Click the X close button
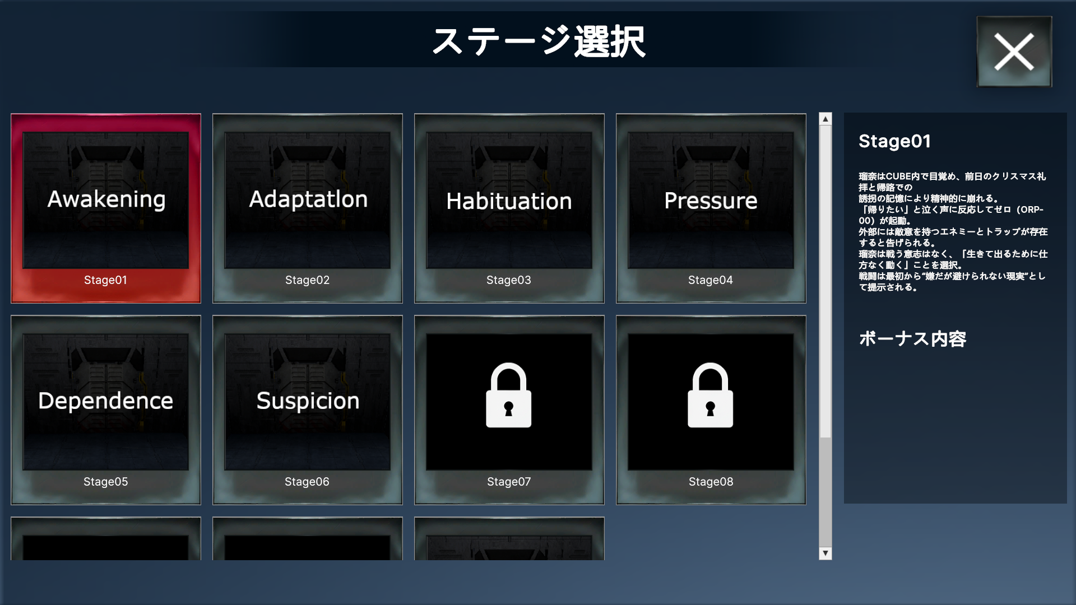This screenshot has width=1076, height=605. pyautogui.click(x=1014, y=52)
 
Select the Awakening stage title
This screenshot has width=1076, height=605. pyautogui.click(x=106, y=200)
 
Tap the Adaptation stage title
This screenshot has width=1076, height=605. pyautogui.click(x=308, y=199)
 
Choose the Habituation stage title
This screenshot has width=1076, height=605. pyautogui.click(x=509, y=201)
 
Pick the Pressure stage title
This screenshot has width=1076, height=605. pyautogui.click(x=711, y=201)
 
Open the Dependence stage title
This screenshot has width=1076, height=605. pyautogui.click(x=106, y=401)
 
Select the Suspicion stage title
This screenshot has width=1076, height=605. pyautogui.click(x=308, y=401)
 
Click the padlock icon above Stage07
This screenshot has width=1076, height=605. pyautogui.click(x=509, y=395)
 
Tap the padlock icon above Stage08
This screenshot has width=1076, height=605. pyautogui.click(x=711, y=395)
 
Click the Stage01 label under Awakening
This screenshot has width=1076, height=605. pyautogui.click(x=105, y=280)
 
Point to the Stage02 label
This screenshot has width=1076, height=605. pyautogui.click(x=307, y=280)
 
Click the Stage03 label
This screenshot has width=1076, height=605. pyautogui.click(x=509, y=280)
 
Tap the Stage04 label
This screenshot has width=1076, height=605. pyautogui.click(x=711, y=280)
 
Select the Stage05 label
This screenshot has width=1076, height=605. pyautogui.click(x=105, y=482)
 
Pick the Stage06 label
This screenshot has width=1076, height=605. pyautogui.click(x=307, y=482)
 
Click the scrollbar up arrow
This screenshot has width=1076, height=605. pyautogui.click(x=825, y=119)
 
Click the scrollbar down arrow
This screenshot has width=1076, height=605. pyautogui.click(x=825, y=553)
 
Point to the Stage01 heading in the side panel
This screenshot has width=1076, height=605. pyautogui.click(x=894, y=141)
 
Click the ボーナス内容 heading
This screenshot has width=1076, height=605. pyautogui.click(x=912, y=338)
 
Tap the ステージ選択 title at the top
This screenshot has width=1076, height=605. pyautogui.click(x=539, y=41)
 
